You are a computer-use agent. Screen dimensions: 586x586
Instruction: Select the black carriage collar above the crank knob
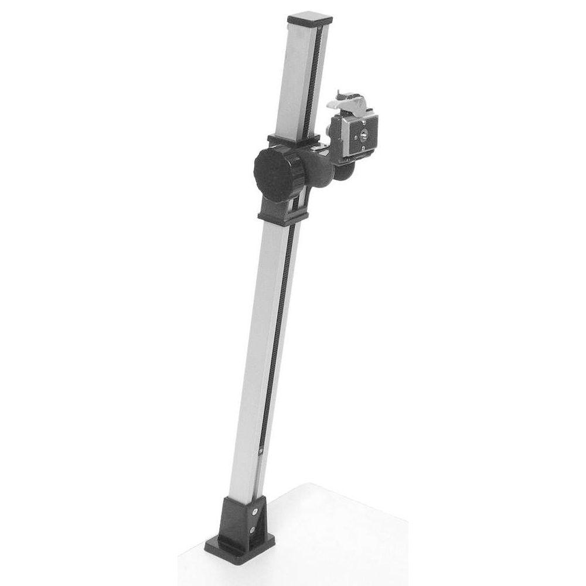(293, 141)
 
